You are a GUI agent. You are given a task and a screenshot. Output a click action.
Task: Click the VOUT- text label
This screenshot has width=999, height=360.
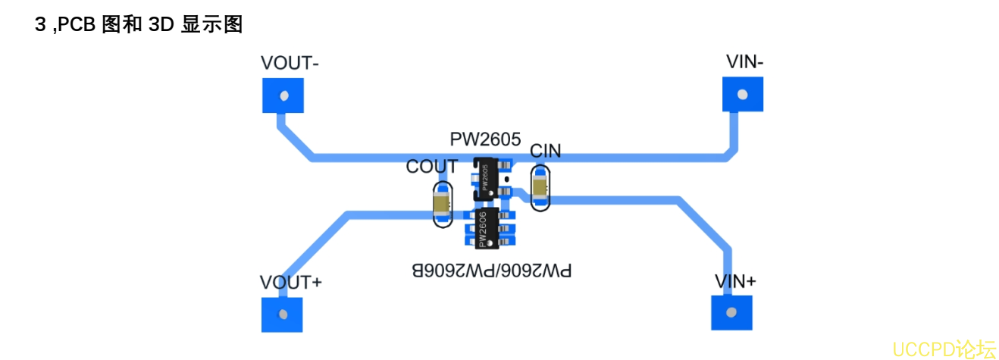pos(289,63)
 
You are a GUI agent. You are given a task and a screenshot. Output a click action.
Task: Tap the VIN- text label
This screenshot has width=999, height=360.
pos(744,62)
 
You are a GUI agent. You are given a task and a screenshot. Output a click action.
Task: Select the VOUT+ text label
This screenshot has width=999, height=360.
pos(291,283)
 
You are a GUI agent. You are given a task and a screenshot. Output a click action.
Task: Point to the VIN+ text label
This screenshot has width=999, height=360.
pos(735,281)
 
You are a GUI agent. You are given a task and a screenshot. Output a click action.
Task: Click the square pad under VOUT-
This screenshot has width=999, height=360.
pos(283,95)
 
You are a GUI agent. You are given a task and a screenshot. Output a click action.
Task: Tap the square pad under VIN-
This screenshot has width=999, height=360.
pos(742,95)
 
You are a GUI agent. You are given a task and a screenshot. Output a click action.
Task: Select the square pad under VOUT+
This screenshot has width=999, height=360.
pos(282,314)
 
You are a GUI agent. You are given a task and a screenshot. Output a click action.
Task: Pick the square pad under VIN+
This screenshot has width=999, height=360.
pos(732,312)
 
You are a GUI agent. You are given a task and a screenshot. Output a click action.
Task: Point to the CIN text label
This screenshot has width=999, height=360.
pos(545,151)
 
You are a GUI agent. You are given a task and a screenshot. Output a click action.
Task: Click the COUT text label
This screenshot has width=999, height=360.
pos(432,167)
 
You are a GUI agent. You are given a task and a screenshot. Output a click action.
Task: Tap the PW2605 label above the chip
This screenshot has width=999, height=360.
pos(485,139)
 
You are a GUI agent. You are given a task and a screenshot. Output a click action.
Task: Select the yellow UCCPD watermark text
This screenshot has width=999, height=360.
pos(943,349)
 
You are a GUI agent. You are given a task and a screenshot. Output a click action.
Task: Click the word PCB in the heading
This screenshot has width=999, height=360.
pos(78,24)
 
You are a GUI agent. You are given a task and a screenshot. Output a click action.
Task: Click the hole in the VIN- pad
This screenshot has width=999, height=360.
pos(743,95)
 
